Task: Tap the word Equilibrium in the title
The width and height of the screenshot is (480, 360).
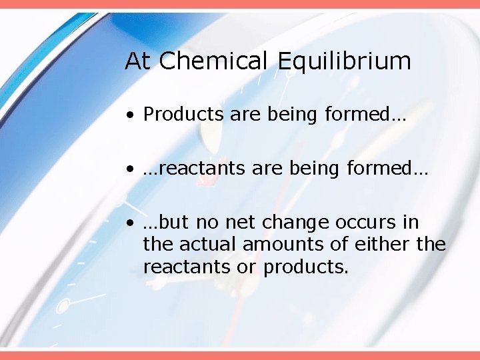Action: pos(344,61)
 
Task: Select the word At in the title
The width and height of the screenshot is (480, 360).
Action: pos(138,61)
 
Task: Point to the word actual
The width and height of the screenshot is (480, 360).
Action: pos(207,245)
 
